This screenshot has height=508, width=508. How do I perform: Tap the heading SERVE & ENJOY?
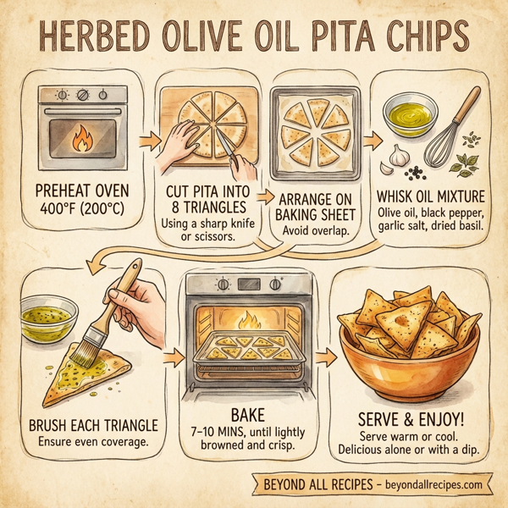tap(410, 419)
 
